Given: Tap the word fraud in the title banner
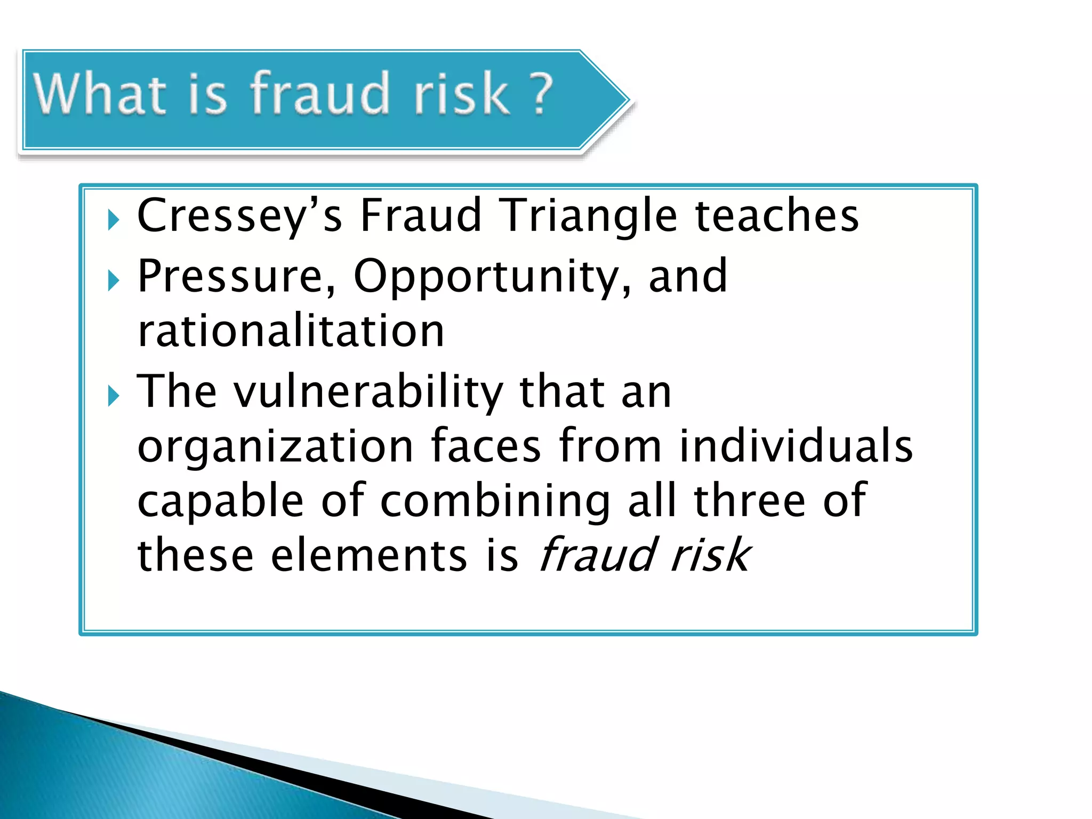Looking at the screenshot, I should [x=320, y=94].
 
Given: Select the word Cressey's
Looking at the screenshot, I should [x=239, y=215].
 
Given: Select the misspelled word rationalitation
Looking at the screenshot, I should [x=291, y=331].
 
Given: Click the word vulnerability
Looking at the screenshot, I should [x=368, y=392].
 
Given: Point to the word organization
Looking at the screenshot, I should [x=275, y=447].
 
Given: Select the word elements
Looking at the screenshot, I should [x=368, y=555].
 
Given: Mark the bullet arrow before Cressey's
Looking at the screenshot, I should [x=113, y=220].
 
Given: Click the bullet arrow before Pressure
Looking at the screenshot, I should [x=113, y=280].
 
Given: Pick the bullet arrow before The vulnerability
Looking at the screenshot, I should [x=113, y=396].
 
